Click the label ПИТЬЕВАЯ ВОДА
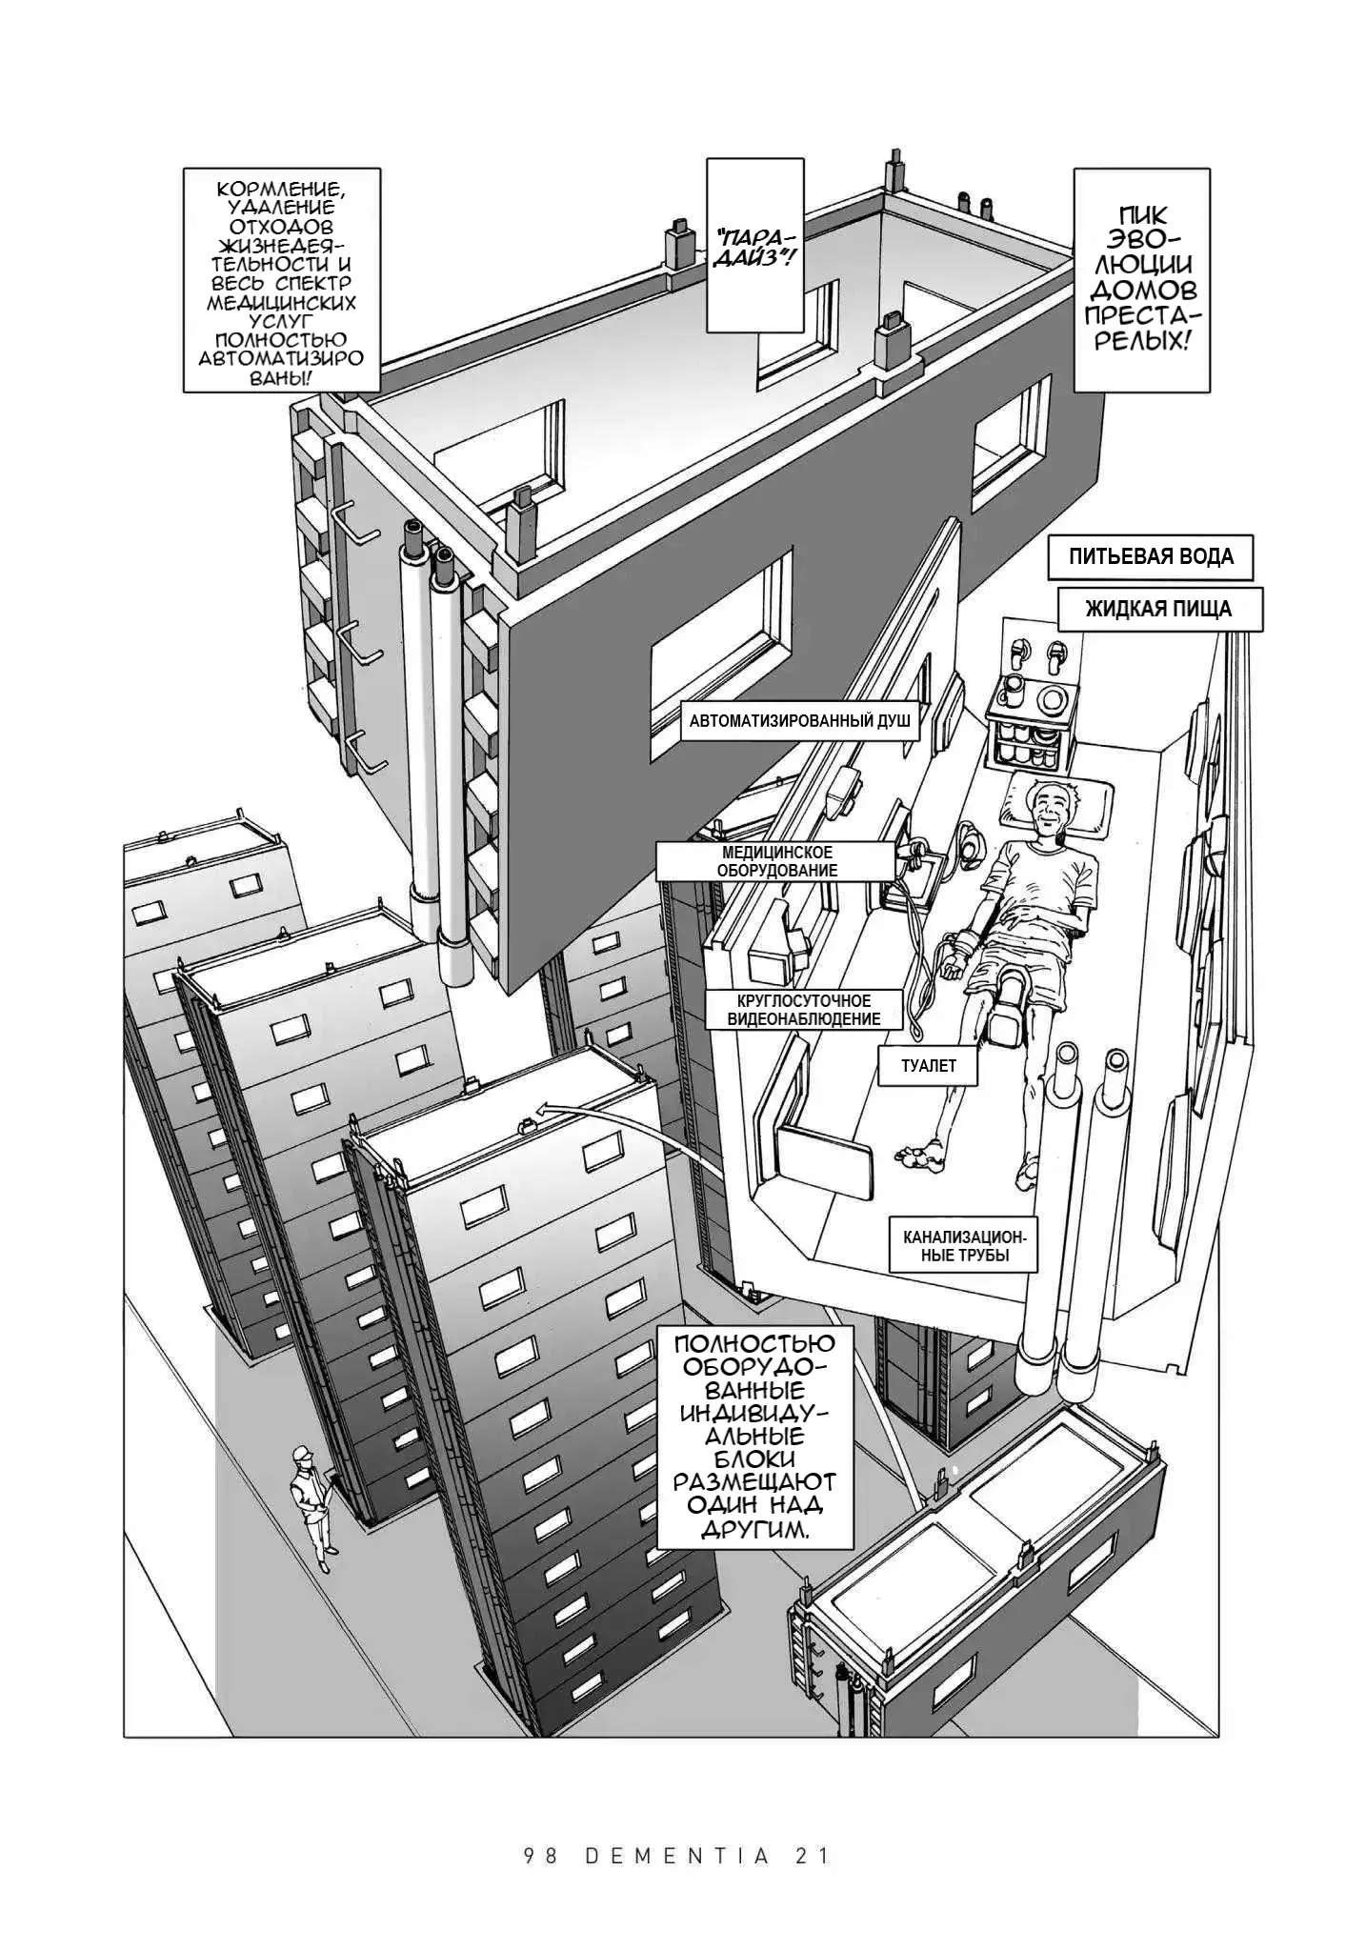1150,557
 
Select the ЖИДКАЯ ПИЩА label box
1159,610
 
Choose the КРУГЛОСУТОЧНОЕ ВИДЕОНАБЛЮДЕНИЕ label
803,1010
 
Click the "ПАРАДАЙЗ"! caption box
752,246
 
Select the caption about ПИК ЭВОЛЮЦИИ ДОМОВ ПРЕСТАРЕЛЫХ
1141,279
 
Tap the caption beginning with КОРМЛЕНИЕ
281,280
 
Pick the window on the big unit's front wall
721,656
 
